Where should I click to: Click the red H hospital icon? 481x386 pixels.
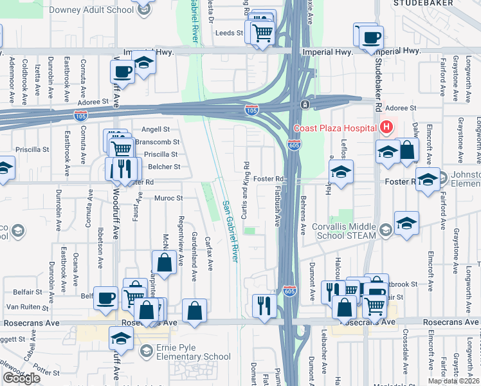click(386, 128)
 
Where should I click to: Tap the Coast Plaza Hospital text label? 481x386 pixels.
click(334, 128)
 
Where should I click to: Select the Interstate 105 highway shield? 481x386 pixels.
click(252, 111)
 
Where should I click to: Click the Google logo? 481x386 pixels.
click(21, 378)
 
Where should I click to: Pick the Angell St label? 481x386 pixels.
click(156, 129)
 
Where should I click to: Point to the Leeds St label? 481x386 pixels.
click(230, 32)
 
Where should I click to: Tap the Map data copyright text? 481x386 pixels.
click(454, 381)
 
